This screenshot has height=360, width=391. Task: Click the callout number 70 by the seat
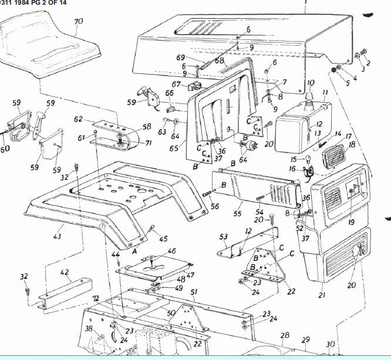pyautogui.click(x=79, y=21)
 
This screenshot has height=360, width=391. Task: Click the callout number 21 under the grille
pyautogui.click(x=322, y=295)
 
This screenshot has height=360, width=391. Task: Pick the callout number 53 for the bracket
pyautogui.click(x=223, y=236)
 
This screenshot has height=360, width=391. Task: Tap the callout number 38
pyautogui.click(x=89, y=329)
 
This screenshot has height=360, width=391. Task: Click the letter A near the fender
pyautogui.click(x=136, y=249)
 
